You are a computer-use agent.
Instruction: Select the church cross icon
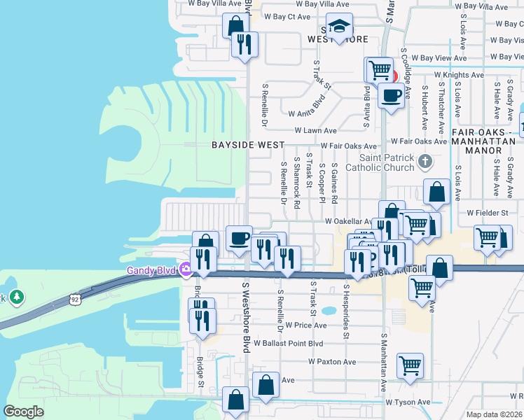(425, 162)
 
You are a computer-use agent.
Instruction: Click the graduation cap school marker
(339, 27)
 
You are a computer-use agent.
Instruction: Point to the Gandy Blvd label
(151, 270)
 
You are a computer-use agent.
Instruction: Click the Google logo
(23, 412)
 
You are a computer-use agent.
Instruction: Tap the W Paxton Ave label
(332, 362)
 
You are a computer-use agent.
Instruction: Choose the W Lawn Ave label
(315, 130)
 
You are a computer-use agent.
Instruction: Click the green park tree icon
(17, 297)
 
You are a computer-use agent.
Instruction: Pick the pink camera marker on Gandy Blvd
(186, 269)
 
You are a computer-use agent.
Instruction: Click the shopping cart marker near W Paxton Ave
(410, 364)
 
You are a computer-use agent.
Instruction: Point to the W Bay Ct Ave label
(284, 17)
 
